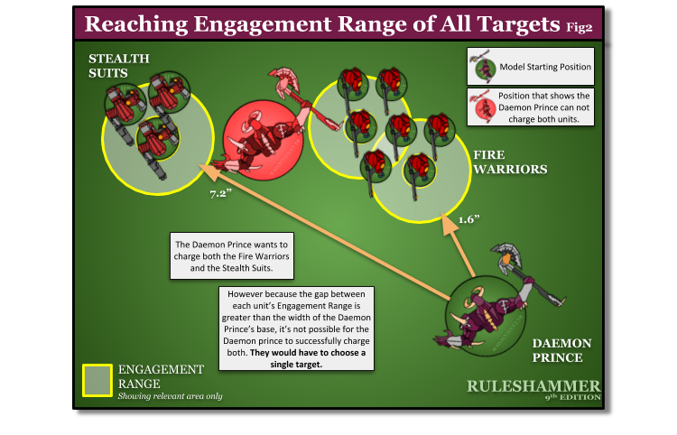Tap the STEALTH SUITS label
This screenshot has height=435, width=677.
[x=118, y=65]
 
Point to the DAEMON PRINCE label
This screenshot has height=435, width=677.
[x=561, y=350]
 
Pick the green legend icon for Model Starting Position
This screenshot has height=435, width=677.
[x=483, y=66]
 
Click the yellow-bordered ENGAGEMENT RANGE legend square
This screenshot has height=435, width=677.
[x=97, y=380]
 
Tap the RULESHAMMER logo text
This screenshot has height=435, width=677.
[x=533, y=386]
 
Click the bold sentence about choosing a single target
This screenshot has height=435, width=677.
[x=301, y=357]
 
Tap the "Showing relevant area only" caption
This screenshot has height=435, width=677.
[x=170, y=396]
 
